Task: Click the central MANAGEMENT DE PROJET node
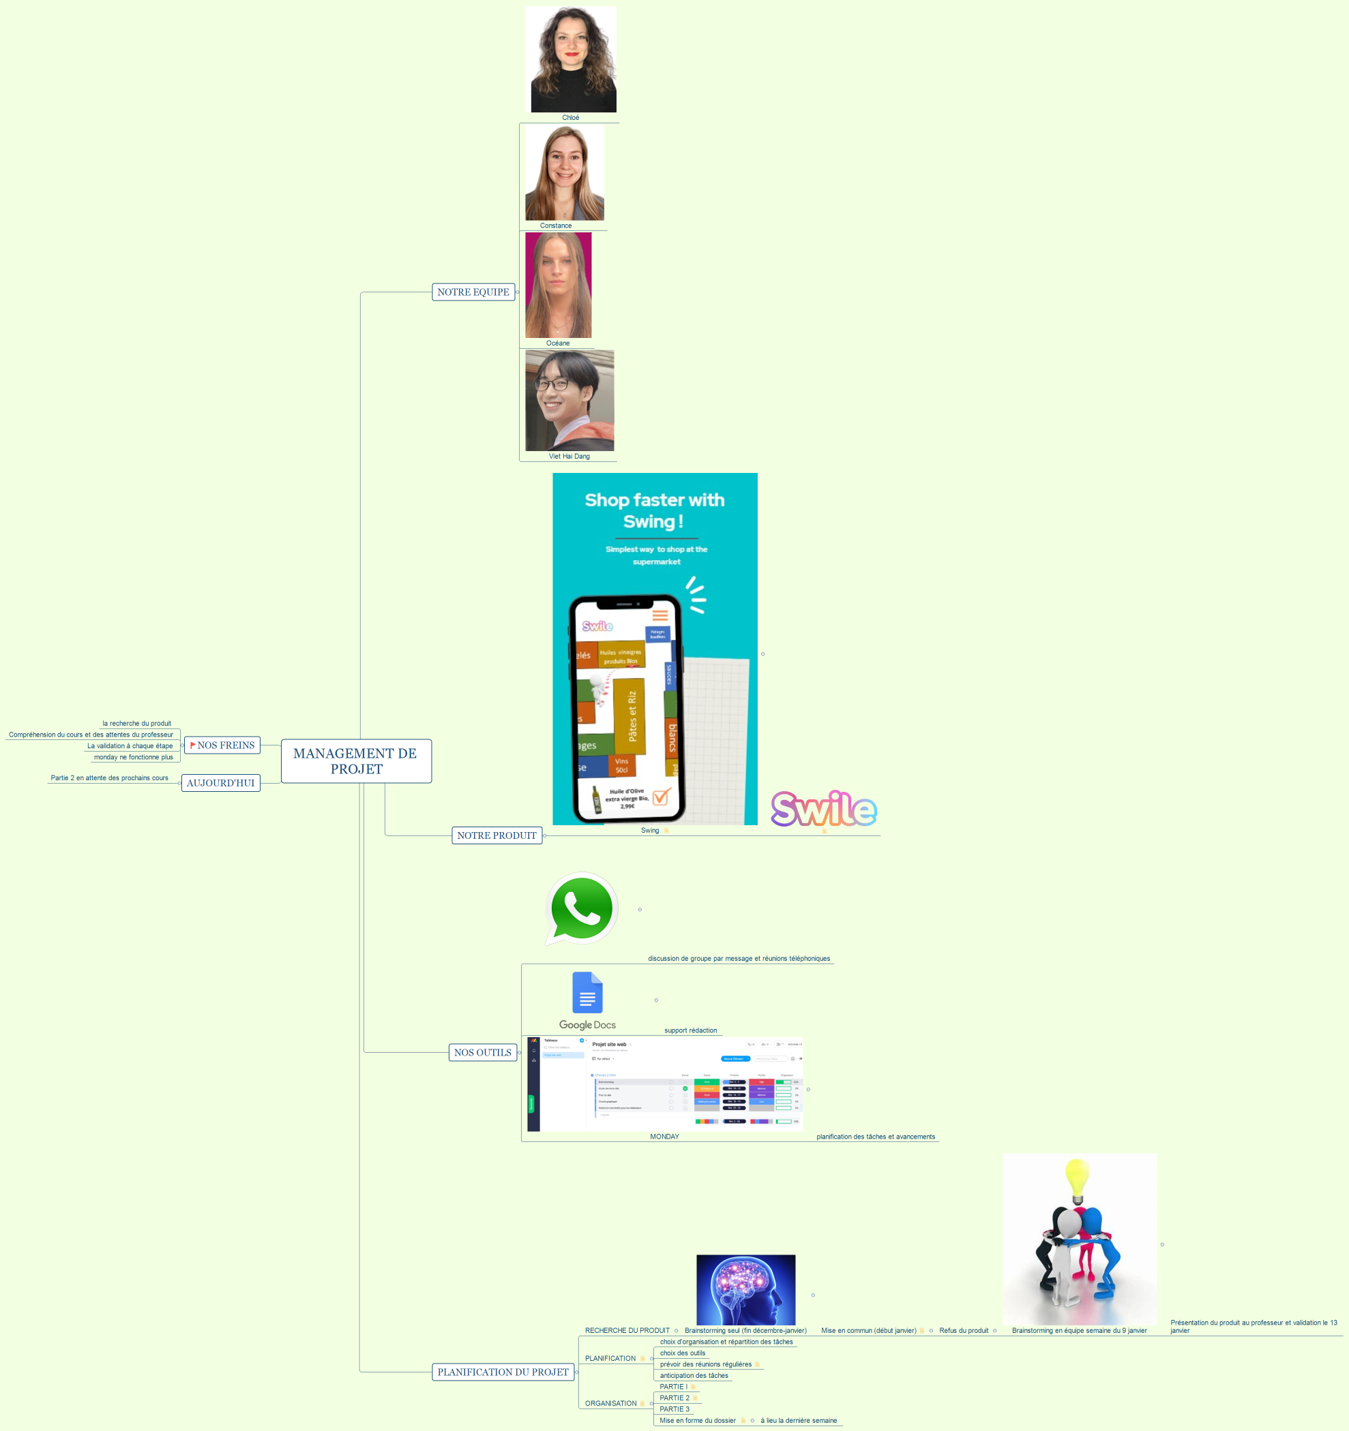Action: (356, 761)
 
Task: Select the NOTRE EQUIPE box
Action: (473, 292)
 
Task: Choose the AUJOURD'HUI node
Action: (220, 783)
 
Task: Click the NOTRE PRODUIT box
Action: (496, 835)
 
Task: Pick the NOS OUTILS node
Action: (483, 1052)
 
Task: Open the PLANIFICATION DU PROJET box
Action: (503, 1372)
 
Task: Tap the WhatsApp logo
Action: (582, 908)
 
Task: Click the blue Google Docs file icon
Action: (587, 993)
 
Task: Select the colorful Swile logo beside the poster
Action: (823, 809)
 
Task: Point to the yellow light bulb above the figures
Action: (1077, 1180)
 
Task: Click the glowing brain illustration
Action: (745, 1290)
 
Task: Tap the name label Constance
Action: (555, 226)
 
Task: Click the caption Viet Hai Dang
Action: (569, 457)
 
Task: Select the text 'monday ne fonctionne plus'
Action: (133, 757)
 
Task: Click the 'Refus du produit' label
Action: (963, 1331)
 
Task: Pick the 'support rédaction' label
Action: (690, 1031)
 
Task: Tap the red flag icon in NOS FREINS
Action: (192, 745)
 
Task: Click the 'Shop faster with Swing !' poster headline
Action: (654, 510)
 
